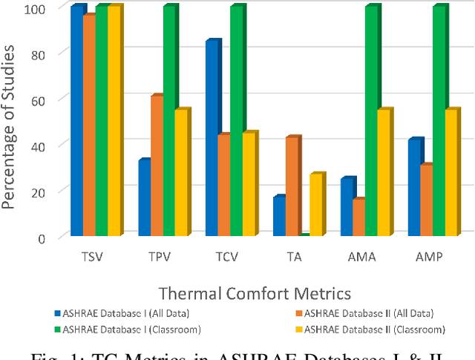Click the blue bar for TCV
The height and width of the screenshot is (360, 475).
tap(212, 139)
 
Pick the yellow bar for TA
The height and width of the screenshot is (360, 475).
tap(315, 205)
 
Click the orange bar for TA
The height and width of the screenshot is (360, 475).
tap(292, 186)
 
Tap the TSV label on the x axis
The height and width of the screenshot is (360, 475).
tap(92, 258)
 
